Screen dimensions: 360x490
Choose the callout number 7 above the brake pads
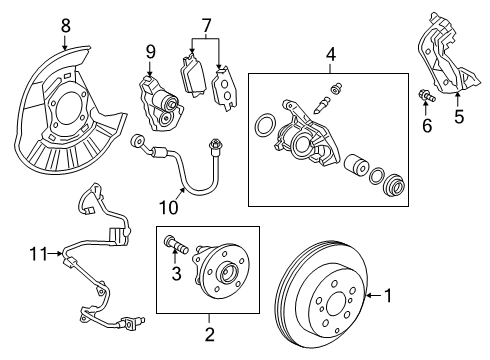pyautogui.click(x=206, y=23)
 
